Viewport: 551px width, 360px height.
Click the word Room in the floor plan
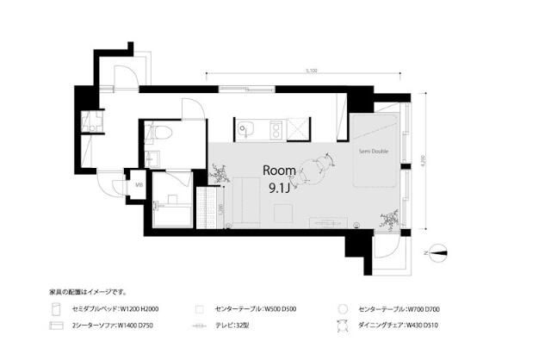279,170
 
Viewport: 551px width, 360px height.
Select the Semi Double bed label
374,152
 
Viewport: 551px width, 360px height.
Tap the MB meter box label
139,183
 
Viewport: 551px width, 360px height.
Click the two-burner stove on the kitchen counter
277,130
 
